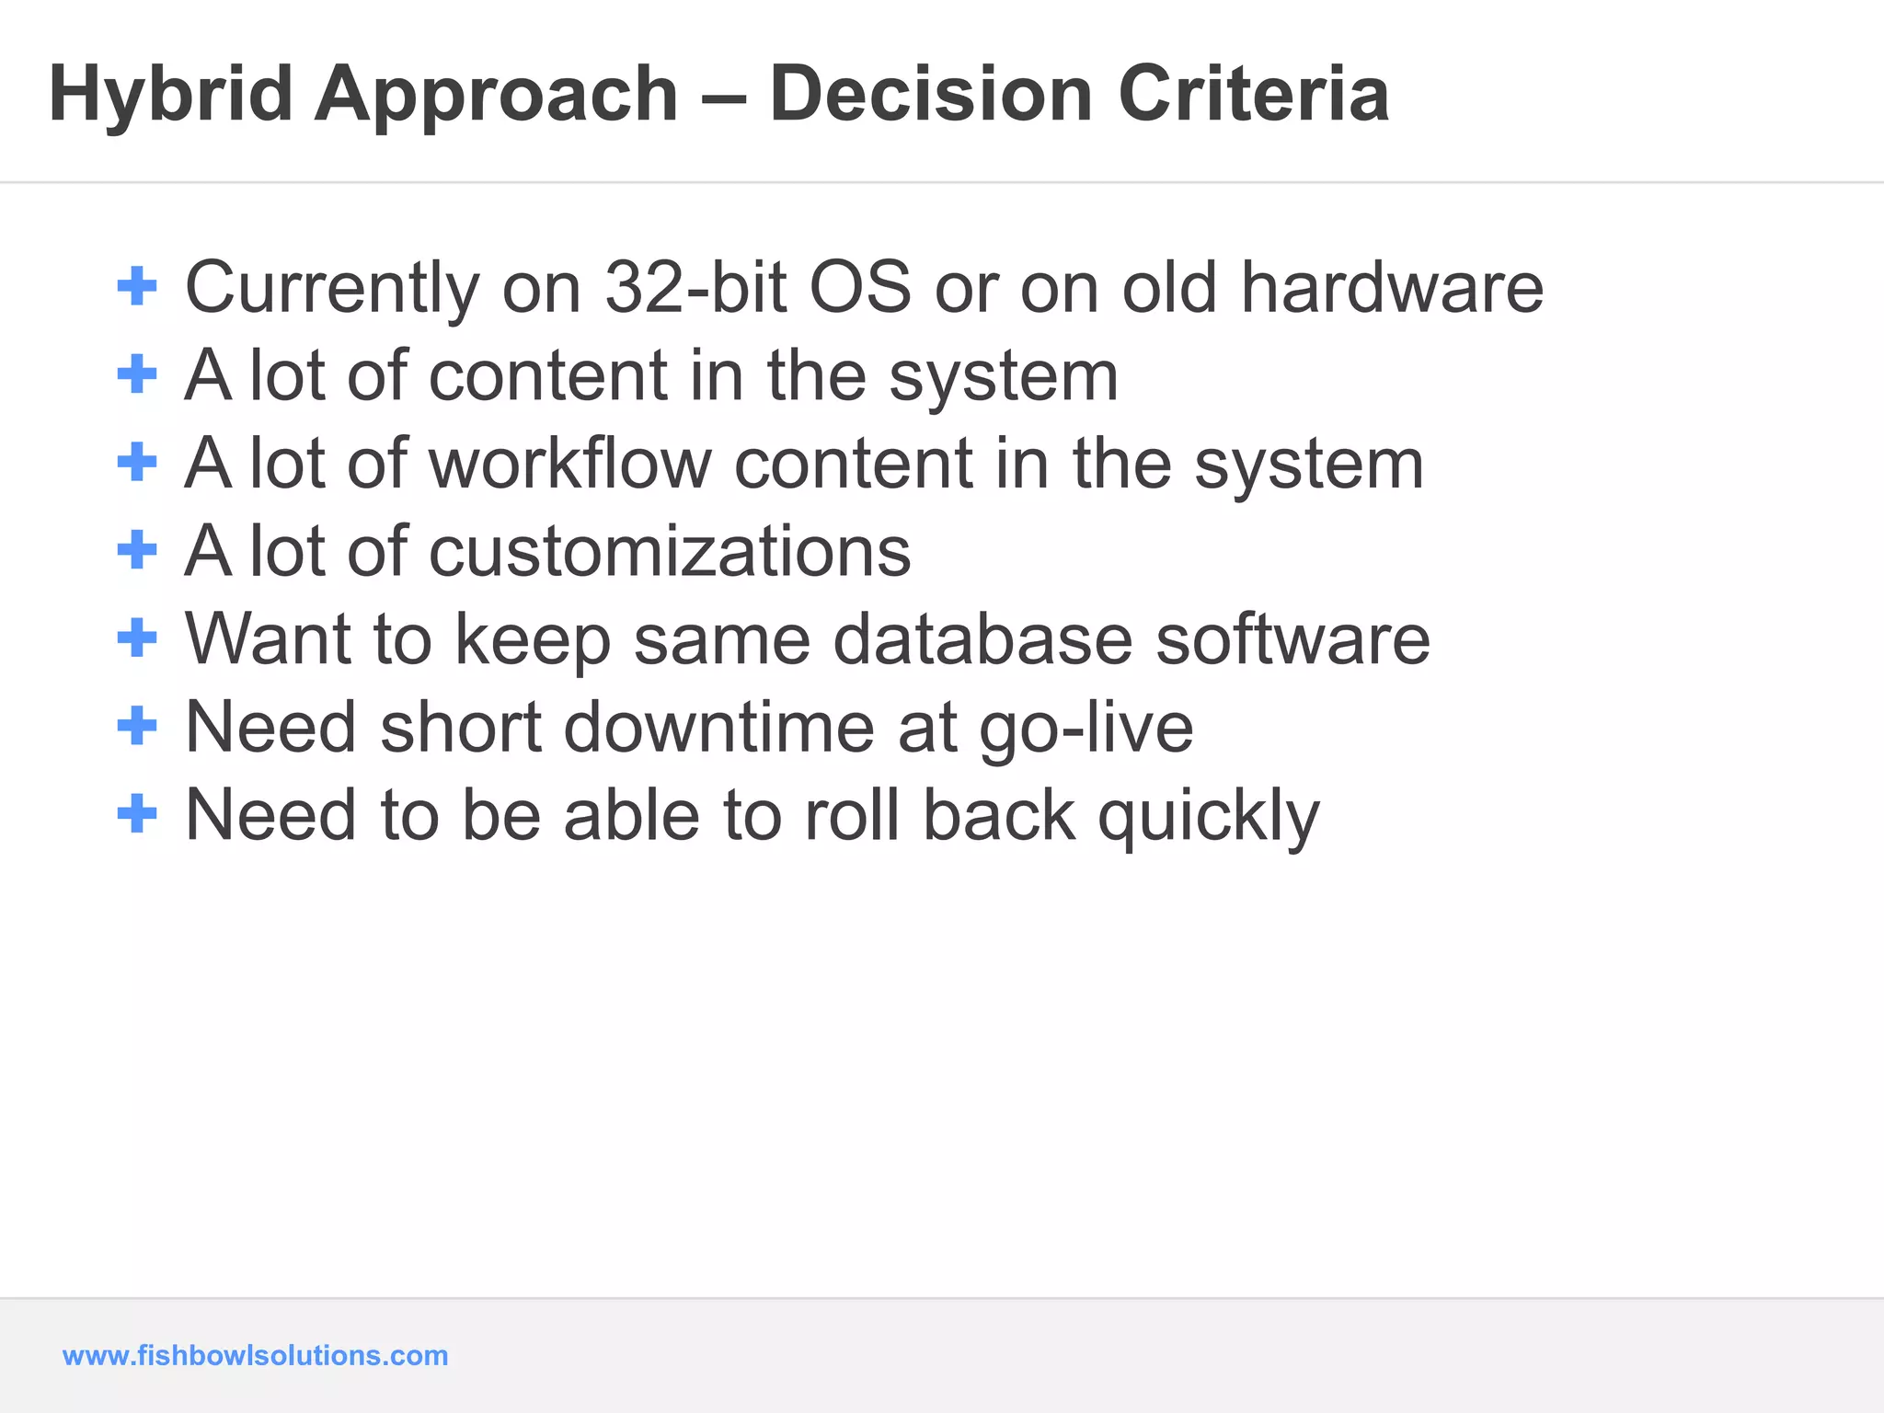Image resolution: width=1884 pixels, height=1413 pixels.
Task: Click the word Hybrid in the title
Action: [x=170, y=94]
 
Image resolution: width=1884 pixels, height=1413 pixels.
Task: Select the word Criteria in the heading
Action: [x=1253, y=94]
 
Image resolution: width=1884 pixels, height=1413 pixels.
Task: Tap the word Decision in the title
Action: [x=932, y=94]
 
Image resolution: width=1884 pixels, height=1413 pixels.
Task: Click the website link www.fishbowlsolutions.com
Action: [x=255, y=1355]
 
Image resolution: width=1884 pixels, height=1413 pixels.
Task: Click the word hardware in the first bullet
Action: [x=1392, y=287]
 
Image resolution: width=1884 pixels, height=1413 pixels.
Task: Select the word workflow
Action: [x=570, y=463]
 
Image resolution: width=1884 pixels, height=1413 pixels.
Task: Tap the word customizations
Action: [x=670, y=551]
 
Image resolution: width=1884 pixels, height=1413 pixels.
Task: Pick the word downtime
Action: [x=718, y=727]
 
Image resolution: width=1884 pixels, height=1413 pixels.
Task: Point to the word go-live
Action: [x=1086, y=727]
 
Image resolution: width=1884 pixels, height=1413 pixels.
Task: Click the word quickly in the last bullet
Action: [x=1209, y=815]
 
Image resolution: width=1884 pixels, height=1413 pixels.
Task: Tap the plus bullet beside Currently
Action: [x=138, y=286]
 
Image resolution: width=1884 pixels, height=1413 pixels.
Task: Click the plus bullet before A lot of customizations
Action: [x=138, y=550]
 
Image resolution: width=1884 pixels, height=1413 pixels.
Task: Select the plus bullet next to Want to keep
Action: [x=138, y=638]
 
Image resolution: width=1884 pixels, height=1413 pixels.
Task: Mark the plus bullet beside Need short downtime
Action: [x=138, y=726]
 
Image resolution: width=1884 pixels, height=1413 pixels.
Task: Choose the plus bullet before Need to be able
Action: [x=138, y=814]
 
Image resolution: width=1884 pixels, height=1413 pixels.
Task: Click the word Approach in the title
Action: [x=497, y=94]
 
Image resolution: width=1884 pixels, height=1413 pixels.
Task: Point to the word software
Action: [x=1292, y=638]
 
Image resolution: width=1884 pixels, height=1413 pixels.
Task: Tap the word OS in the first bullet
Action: [x=860, y=287]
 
